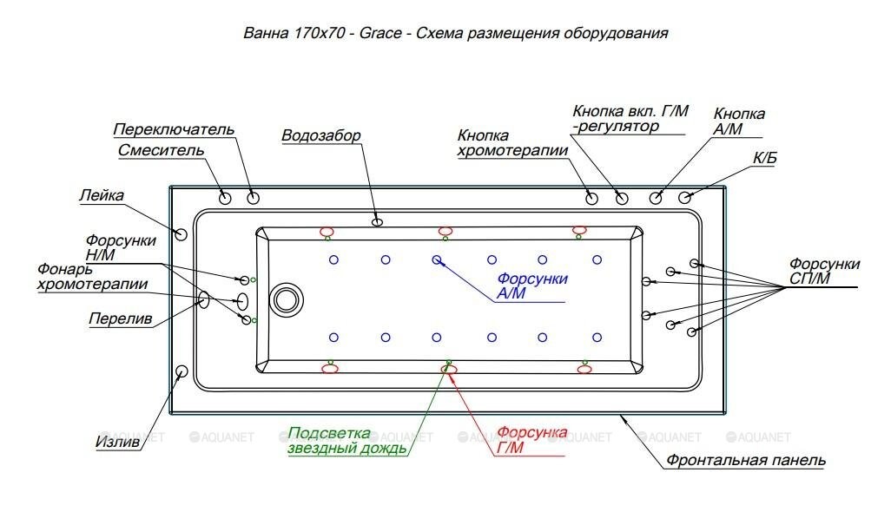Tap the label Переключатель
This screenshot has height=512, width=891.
pos(174,130)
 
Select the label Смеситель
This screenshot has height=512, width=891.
pos(161,150)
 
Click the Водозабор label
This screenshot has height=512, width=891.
pos(320,136)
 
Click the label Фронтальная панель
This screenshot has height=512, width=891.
pos(746,461)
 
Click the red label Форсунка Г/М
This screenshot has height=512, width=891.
pos(531,441)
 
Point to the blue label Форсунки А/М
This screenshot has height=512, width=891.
pos(531,286)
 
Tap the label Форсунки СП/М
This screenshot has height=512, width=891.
pos(824,271)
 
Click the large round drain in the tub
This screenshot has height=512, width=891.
pos(286,299)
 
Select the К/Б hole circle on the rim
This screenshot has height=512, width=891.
pos(685,198)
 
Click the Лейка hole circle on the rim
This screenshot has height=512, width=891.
pos(181,234)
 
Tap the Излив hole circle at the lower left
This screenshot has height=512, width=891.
pos(181,372)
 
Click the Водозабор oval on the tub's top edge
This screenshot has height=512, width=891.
pos(377,222)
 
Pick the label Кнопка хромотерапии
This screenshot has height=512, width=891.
pos(512,143)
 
